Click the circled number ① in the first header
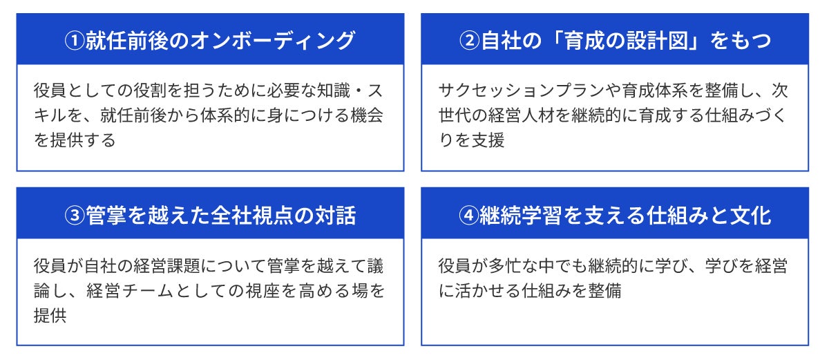pos(75,40)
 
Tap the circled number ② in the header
pos(469,40)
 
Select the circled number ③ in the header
pos(75,215)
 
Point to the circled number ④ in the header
pos(469,215)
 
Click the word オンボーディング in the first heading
pos(273,40)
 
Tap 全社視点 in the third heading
pos(253,215)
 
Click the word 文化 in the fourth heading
pos(751,215)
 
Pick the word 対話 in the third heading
pos(335,215)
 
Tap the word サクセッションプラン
pos(522,91)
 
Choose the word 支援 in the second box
pos(488,140)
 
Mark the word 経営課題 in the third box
pos(167,266)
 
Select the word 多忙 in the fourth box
pos(505,266)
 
